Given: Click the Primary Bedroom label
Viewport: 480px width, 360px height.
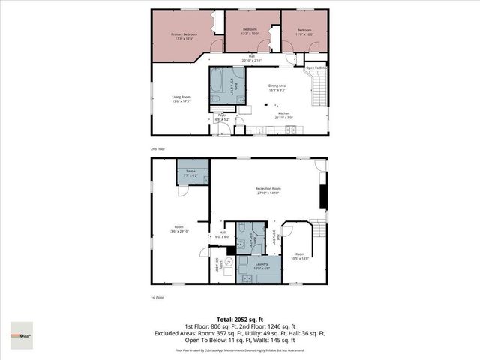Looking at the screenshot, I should (x=184, y=34).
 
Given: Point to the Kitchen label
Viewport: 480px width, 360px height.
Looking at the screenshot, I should (x=283, y=113).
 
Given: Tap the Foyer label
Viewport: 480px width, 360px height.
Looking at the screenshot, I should (x=223, y=115).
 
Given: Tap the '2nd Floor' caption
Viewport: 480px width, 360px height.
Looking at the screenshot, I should (x=158, y=149).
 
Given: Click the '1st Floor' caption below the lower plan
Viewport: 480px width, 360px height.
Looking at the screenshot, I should (x=158, y=298).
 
